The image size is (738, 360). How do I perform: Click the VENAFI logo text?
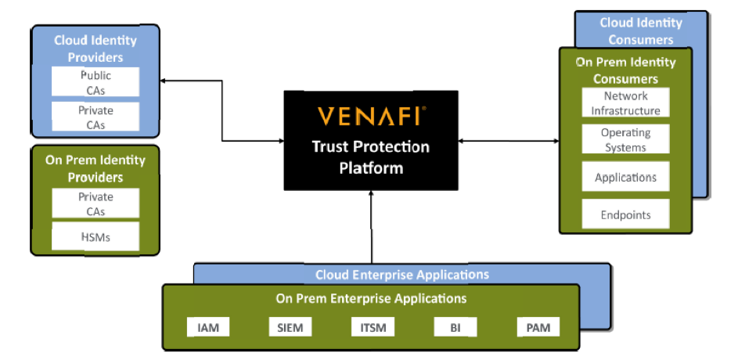click(371, 116)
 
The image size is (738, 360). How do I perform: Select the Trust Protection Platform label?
click(371, 157)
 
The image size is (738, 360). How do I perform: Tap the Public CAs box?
click(95, 82)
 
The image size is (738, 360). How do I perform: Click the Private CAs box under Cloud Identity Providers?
click(95, 117)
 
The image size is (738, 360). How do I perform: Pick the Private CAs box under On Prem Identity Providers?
click(95, 203)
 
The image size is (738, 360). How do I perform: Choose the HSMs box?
click(95, 236)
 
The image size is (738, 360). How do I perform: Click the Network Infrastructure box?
click(625, 103)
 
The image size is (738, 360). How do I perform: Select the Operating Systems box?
click(625, 139)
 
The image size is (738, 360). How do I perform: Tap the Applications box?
click(625, 178)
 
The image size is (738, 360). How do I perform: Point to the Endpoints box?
click(625, 214)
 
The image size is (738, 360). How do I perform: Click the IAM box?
click(208, 327)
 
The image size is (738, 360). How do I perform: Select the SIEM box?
click(290, 327)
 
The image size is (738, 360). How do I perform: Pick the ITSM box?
click(372, 327)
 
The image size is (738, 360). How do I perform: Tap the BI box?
click(455, 327)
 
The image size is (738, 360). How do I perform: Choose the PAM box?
click(538, 327)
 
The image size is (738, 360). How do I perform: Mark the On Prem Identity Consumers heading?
click(625, 70)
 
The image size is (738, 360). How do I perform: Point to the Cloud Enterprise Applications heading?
click(401, 275)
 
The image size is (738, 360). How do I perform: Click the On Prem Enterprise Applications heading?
click(371, 298)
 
